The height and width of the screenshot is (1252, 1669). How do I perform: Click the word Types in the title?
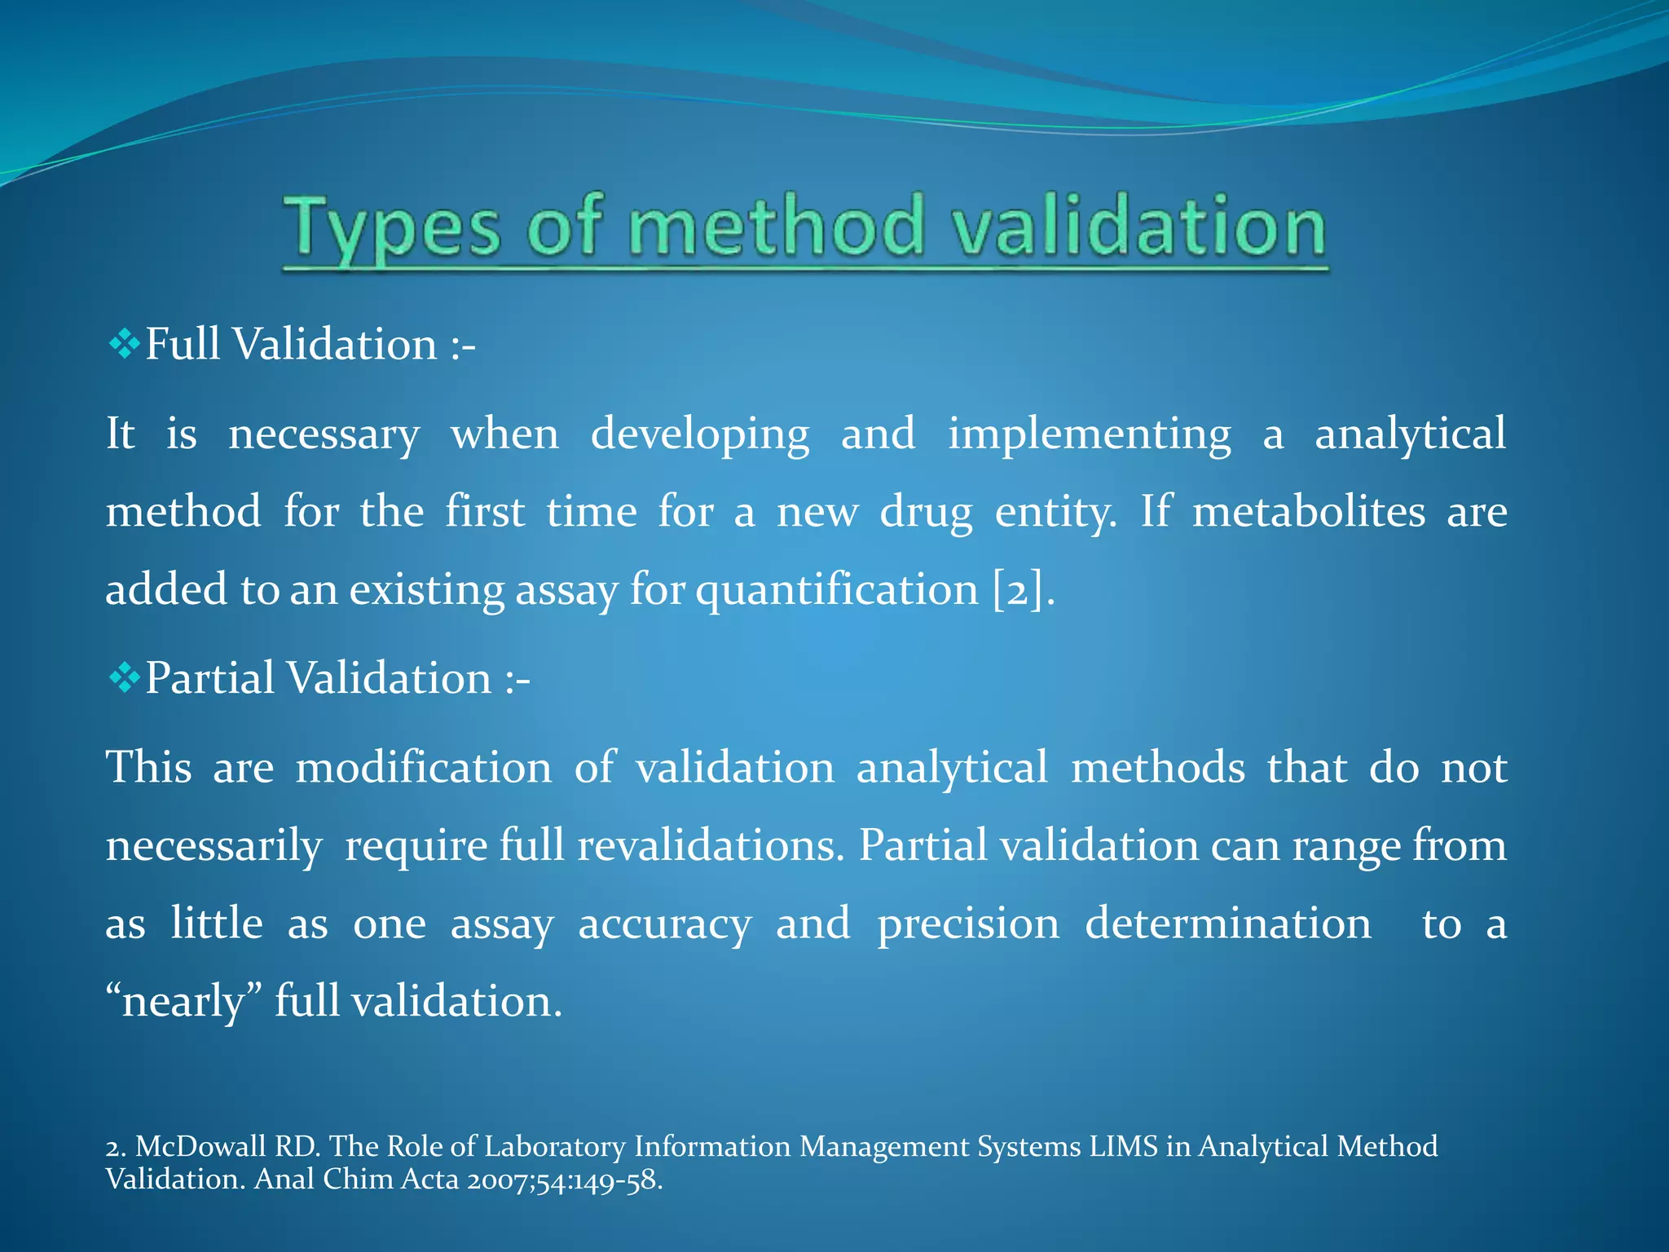pyautogui.click(x=390, y=229)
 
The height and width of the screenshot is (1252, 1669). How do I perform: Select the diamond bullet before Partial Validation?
pyautogui.click(x=124, y=678)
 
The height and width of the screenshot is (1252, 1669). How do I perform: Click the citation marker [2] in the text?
pyautogui.click(x=1018, y=589)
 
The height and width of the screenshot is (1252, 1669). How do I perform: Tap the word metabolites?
pyautogui.click(x=1309, y=512)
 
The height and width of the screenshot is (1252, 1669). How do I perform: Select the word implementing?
pyautogui.click(x=1089, y=434)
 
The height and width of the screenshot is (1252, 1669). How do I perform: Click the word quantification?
pyautogui.click(x=836, y=590)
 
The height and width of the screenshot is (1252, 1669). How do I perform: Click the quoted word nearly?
pyautogui.click(x=183, y=1002)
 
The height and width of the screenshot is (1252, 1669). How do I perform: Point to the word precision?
pyautogui.click(x=968, y=924)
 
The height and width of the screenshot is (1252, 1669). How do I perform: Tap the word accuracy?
pyautogui.click(x=664, y=924)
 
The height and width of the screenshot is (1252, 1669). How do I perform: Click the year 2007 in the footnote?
pyautogui.click(x=497, y=1179)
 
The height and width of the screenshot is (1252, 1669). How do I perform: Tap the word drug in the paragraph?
pyautogui.click(x=926, y=512)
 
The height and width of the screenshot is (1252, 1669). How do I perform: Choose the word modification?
pyautogui.click(x=423, y=768)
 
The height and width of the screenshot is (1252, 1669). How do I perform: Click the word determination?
pyautogui.click(x=1227, y=924)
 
